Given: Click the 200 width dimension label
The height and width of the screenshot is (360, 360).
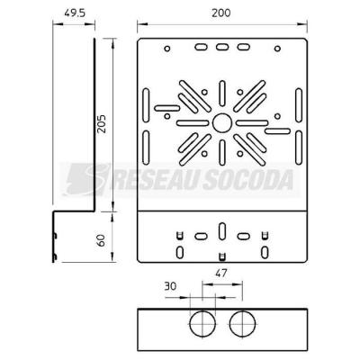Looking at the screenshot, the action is pos(221,13).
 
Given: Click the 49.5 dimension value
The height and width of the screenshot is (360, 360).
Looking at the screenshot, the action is pos(75,13).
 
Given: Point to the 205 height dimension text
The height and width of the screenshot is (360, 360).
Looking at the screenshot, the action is pos(102,124).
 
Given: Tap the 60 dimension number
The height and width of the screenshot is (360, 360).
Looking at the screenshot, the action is pos(102,240).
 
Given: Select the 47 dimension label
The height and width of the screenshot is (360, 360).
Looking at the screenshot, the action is pos(221,274).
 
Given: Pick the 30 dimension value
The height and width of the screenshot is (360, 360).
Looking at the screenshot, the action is pos(170,286).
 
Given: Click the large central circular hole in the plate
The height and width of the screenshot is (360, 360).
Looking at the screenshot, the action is pos(222,123).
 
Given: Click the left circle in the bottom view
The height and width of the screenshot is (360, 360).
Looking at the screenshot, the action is pos(202,324).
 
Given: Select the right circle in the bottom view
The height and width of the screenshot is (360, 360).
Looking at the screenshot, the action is pos(242,324).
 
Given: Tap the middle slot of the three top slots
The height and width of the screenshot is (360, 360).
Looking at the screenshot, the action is pos(222,47).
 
